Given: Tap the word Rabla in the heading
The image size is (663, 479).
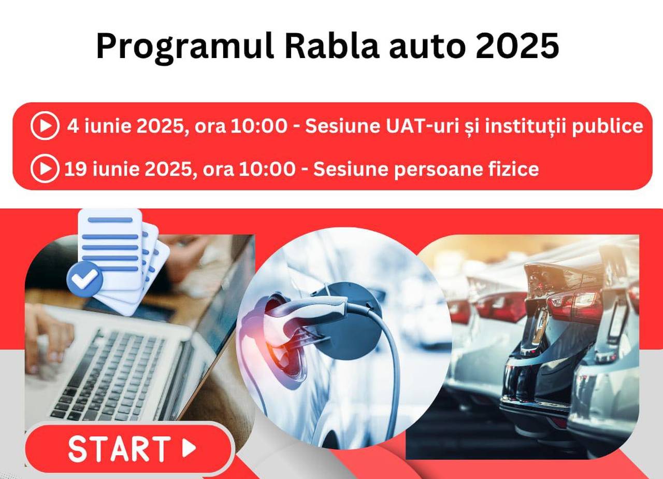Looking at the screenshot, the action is point(332,46).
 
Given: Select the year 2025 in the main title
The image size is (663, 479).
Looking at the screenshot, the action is point(517,46).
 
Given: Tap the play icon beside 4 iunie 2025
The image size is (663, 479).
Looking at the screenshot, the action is point(45,125).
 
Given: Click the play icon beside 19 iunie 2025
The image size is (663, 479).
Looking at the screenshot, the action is point(45,168).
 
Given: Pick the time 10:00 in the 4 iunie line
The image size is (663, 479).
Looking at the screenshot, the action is point(258,126).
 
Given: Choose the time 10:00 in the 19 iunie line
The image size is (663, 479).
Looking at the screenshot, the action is point(267,169).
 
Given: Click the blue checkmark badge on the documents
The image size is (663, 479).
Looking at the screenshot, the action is point(84,279).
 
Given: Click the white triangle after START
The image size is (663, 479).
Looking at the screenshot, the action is point(189,448).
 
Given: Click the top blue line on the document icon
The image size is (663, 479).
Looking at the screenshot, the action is point(110,220).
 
